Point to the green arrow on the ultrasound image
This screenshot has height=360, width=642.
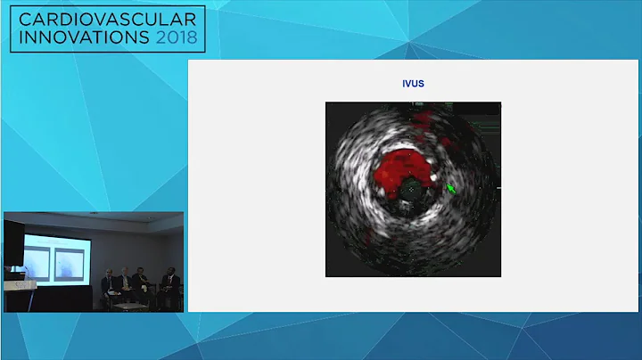point(451,189)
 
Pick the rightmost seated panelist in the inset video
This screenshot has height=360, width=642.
point(169,285)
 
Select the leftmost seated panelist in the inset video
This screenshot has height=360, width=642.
point(108,282)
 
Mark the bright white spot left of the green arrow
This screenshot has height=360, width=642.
point(435,177)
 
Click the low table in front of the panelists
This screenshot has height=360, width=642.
point(129,305)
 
